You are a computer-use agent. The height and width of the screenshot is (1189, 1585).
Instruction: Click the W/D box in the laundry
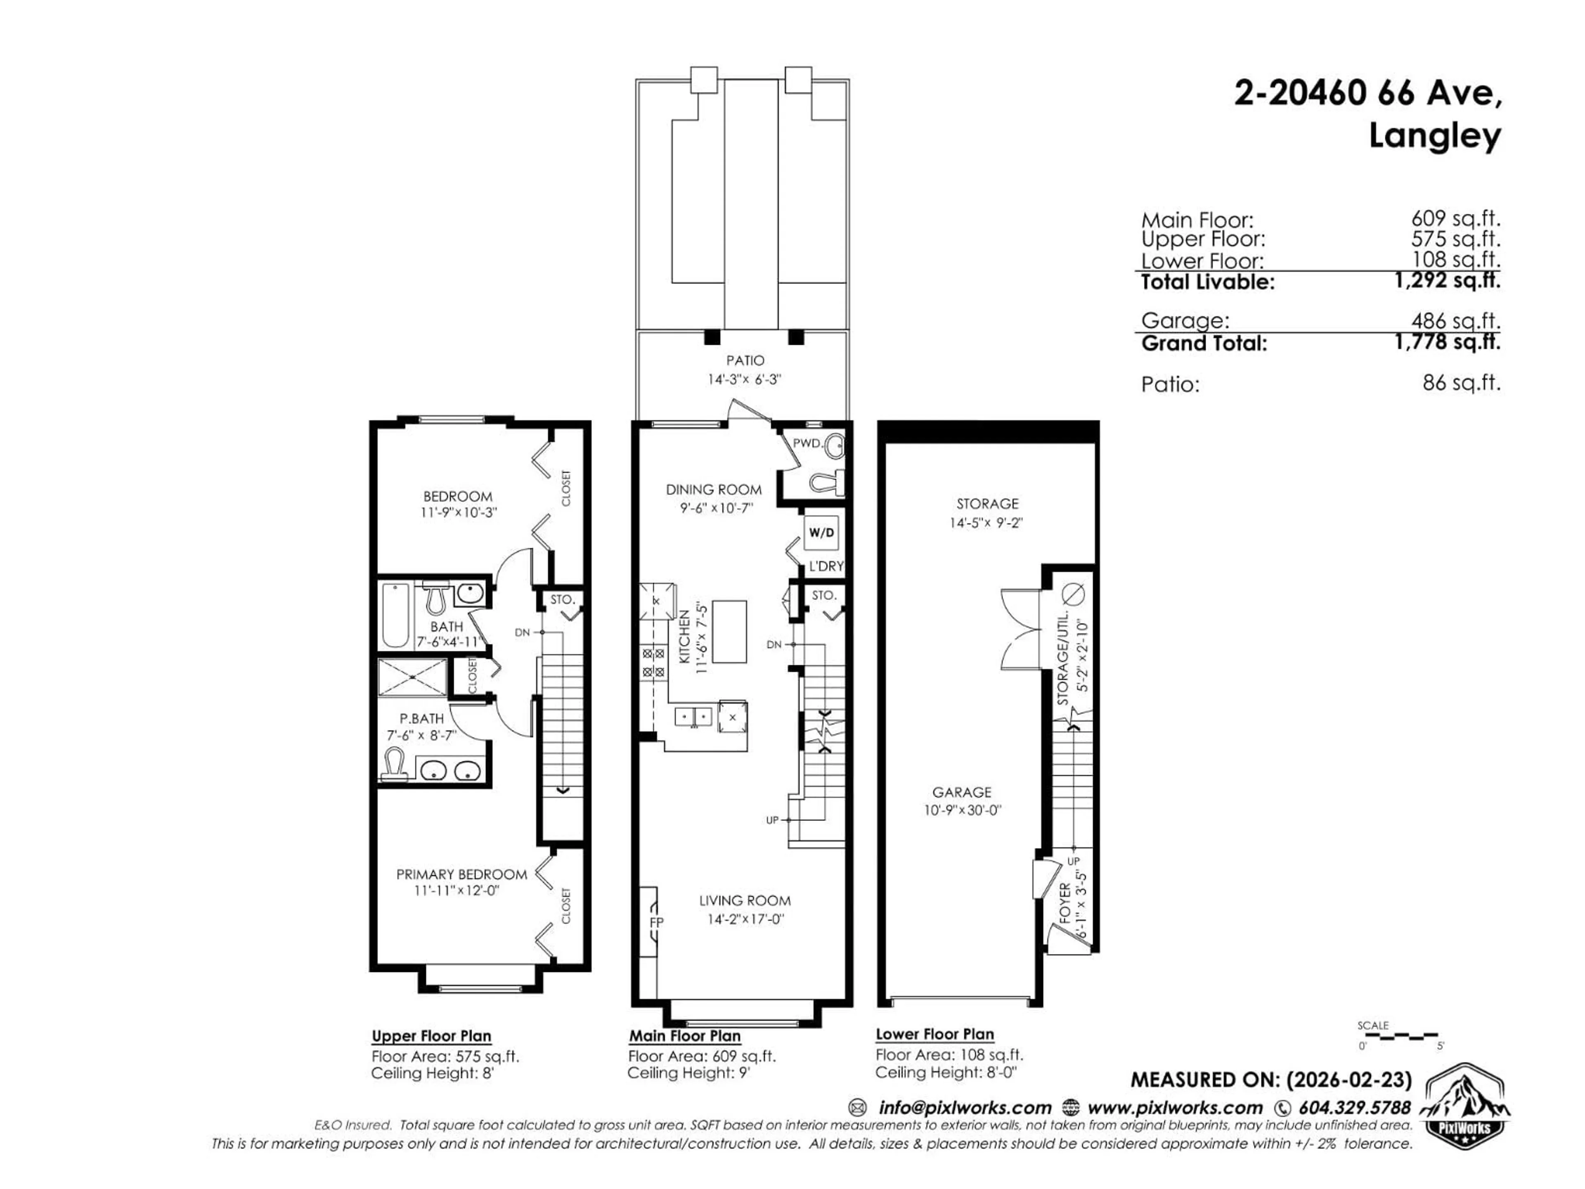click(x=821, y=533)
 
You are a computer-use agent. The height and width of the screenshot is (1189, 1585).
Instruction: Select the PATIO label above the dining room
click(x=745, y=360)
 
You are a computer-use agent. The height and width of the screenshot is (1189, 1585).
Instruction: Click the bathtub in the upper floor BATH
click(x=395, y=616)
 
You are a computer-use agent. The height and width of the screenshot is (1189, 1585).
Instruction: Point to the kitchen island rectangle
click(x=729, y=631)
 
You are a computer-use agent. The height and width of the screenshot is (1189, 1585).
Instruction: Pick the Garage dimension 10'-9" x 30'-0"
click(x=962, y=810)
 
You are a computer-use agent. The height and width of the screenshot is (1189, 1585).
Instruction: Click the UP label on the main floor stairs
click(x=772, y=820)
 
